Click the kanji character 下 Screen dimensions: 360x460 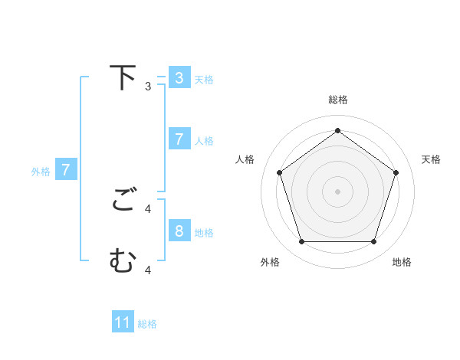click(123, 77)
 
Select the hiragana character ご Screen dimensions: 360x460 click(123, 201)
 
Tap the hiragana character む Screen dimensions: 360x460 click(123, 261)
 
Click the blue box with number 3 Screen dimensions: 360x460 click(179, 77)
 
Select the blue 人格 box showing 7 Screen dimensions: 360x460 click(179, 139)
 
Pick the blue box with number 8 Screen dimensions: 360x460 click(179, 231)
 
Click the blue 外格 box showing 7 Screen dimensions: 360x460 click(66, 169)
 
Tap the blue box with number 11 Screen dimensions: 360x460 click(123, 322)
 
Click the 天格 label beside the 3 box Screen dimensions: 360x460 click(204, 79)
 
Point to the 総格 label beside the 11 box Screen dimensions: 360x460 click(147, 324)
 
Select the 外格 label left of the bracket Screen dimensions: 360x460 click(41, 172)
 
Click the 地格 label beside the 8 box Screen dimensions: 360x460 click(204, 232)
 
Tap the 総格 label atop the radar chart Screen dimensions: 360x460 click(337, 100)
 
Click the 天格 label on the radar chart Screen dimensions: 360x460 click(431, 159)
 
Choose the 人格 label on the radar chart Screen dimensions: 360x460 click(245, 159)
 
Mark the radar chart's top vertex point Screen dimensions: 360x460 click(337, 130)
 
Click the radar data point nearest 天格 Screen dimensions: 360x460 click(396, 172)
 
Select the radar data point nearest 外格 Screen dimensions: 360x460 click(301, 241)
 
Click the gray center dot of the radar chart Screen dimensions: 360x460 click(337, 191)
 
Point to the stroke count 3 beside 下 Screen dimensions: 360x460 click(148, 86)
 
